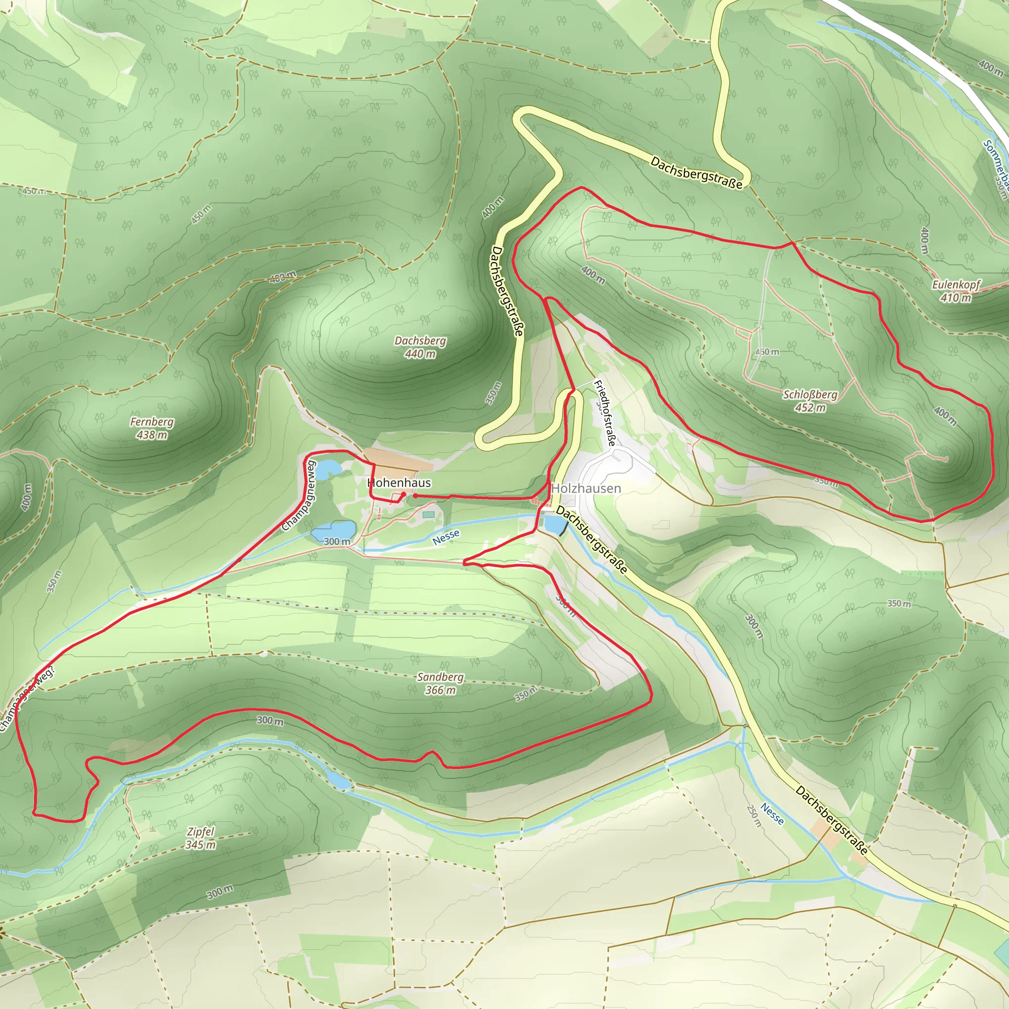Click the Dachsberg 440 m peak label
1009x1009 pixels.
420,347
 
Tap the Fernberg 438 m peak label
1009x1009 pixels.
151,428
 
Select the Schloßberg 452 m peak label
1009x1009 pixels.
810,401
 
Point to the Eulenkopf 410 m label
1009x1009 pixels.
956,291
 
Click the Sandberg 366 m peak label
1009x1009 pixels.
440,683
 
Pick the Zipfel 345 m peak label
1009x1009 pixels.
201,838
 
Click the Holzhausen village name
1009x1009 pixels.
586,488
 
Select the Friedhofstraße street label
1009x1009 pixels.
605,412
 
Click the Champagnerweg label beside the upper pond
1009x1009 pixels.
299,495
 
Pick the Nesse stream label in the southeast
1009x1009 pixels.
772,814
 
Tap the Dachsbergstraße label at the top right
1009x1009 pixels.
696,172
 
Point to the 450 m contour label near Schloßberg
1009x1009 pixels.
767,351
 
